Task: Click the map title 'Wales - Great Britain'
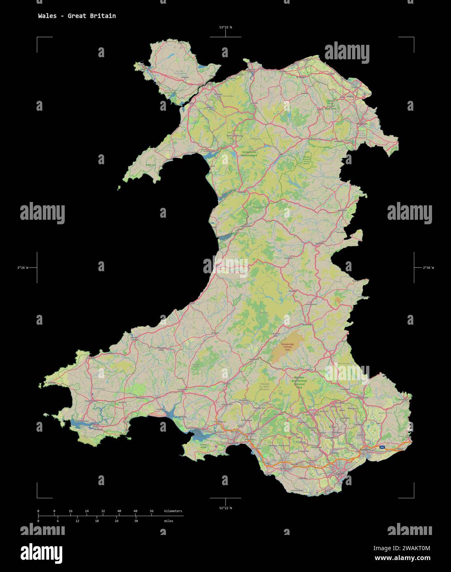(77, 16)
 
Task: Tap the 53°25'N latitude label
(225, 28)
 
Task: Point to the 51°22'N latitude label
(225, 508)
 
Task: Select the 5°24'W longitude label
(23, 268)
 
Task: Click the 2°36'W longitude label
(428, 268)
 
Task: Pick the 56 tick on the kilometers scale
(152, 511)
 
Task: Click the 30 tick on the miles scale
(136, 521)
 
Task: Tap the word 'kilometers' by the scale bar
(173, 511)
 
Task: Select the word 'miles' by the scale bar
(168, 521)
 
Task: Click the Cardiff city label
(340, 474)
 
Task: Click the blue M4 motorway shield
(383, 447)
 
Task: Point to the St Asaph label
(301, 77)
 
